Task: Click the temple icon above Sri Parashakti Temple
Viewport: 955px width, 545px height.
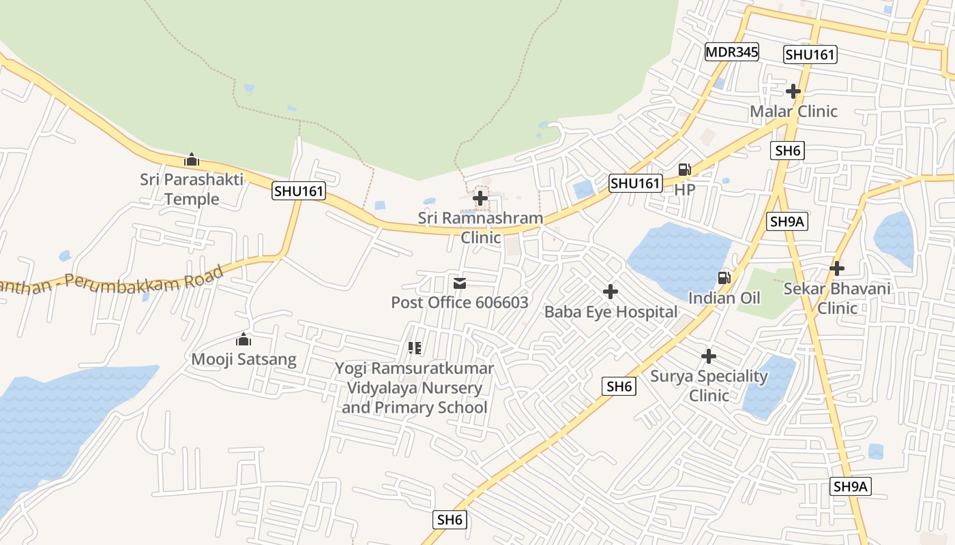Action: click(192, 160)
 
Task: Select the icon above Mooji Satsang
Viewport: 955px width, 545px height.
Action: click(244, 339)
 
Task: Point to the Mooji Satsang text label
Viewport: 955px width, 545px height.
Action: click(244, 359)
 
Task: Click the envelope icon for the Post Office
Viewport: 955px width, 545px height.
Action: click(460, 283)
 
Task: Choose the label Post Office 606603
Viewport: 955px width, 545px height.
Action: click(460, 302)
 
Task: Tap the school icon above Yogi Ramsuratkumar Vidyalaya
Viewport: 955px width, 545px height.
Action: click(414, 348)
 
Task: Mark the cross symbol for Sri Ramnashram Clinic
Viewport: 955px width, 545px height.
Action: click(480, 198)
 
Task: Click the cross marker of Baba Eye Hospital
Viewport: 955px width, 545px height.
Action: click(611, 292)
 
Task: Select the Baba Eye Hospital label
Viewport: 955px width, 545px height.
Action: click(611, 312)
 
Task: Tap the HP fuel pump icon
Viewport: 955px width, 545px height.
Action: click(684, 170)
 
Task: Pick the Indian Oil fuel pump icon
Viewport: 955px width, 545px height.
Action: click(724, 278)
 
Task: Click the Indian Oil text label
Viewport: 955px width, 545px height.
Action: click(724, 298)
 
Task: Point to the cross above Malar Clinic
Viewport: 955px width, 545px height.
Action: click(793, 91)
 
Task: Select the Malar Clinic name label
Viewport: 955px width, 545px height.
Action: click(793, 111)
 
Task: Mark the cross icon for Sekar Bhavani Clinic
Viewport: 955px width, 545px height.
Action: click(837, 268)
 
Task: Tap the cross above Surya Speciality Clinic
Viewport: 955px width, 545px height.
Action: click(709, 356)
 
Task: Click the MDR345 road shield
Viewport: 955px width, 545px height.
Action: click(732, 52)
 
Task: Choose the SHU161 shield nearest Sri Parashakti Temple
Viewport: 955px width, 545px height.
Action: click(298, 191)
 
